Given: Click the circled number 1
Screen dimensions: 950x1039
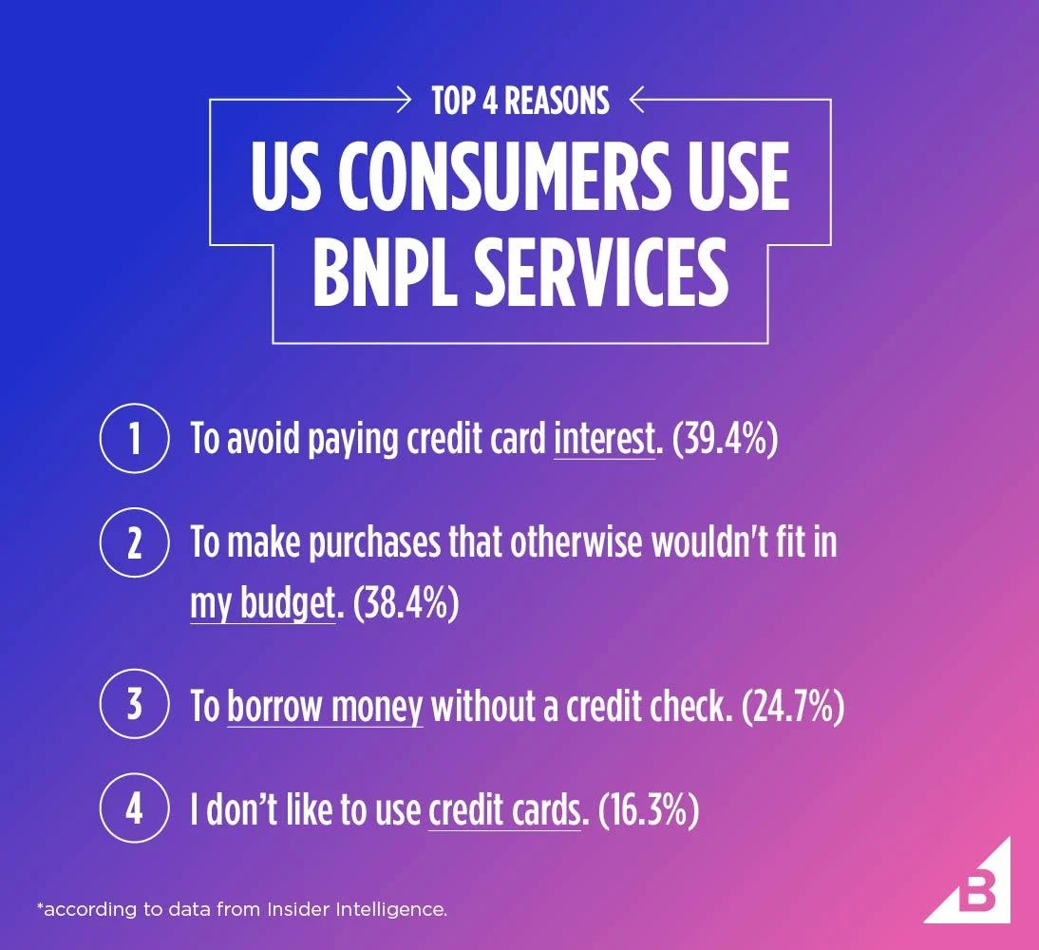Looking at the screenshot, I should [x=134, y=440].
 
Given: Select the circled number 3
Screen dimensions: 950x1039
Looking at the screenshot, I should [x=134, y=707].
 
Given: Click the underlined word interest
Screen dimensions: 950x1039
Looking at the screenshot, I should [x=604, y=441].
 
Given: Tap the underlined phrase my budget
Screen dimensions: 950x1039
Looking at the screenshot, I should [x=263, y=604].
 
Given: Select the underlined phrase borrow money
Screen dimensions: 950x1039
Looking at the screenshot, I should [x=325, y=708].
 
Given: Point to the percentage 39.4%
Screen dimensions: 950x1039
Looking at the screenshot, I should [x=725, y=441].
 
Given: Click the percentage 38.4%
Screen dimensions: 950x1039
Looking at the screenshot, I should [x=406, y=604].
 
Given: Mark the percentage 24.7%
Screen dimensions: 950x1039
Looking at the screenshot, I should [x=793, y=708].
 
